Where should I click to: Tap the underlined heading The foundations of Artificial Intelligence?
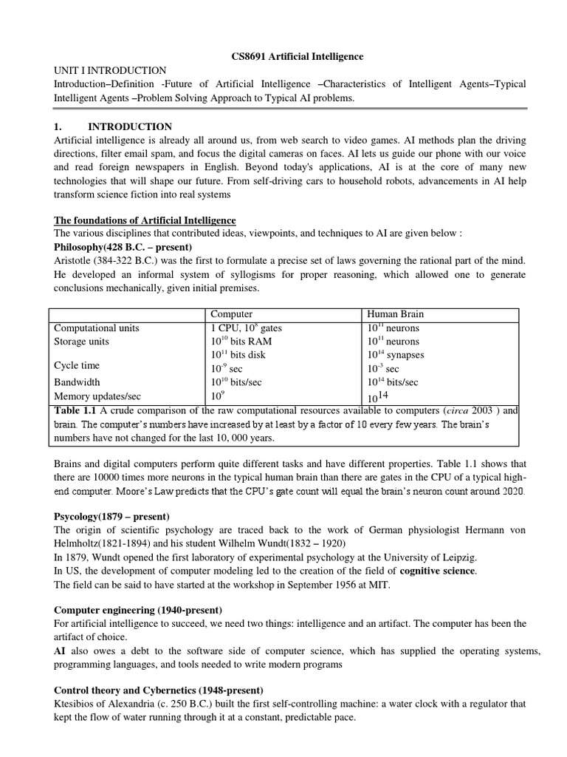pyautogui.click(x=145, y=220)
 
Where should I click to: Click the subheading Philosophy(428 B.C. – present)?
pyautogui.click(x=123, y=247)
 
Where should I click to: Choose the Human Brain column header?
pyautogui.click(x=396, y=313)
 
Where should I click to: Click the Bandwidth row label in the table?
pyautogui.click(x=76, y=382)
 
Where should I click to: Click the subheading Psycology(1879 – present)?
pyautogui.click(x=112, y=516)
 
